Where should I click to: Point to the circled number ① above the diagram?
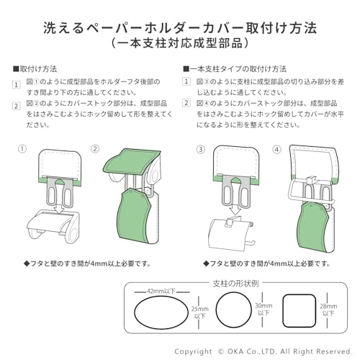pos(22,150)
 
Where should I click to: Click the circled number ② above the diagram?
pos(94,150)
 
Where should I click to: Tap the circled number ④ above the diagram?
pos(276,150)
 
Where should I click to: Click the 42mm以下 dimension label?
pos(160,292)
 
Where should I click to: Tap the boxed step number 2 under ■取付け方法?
pos(17,105)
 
